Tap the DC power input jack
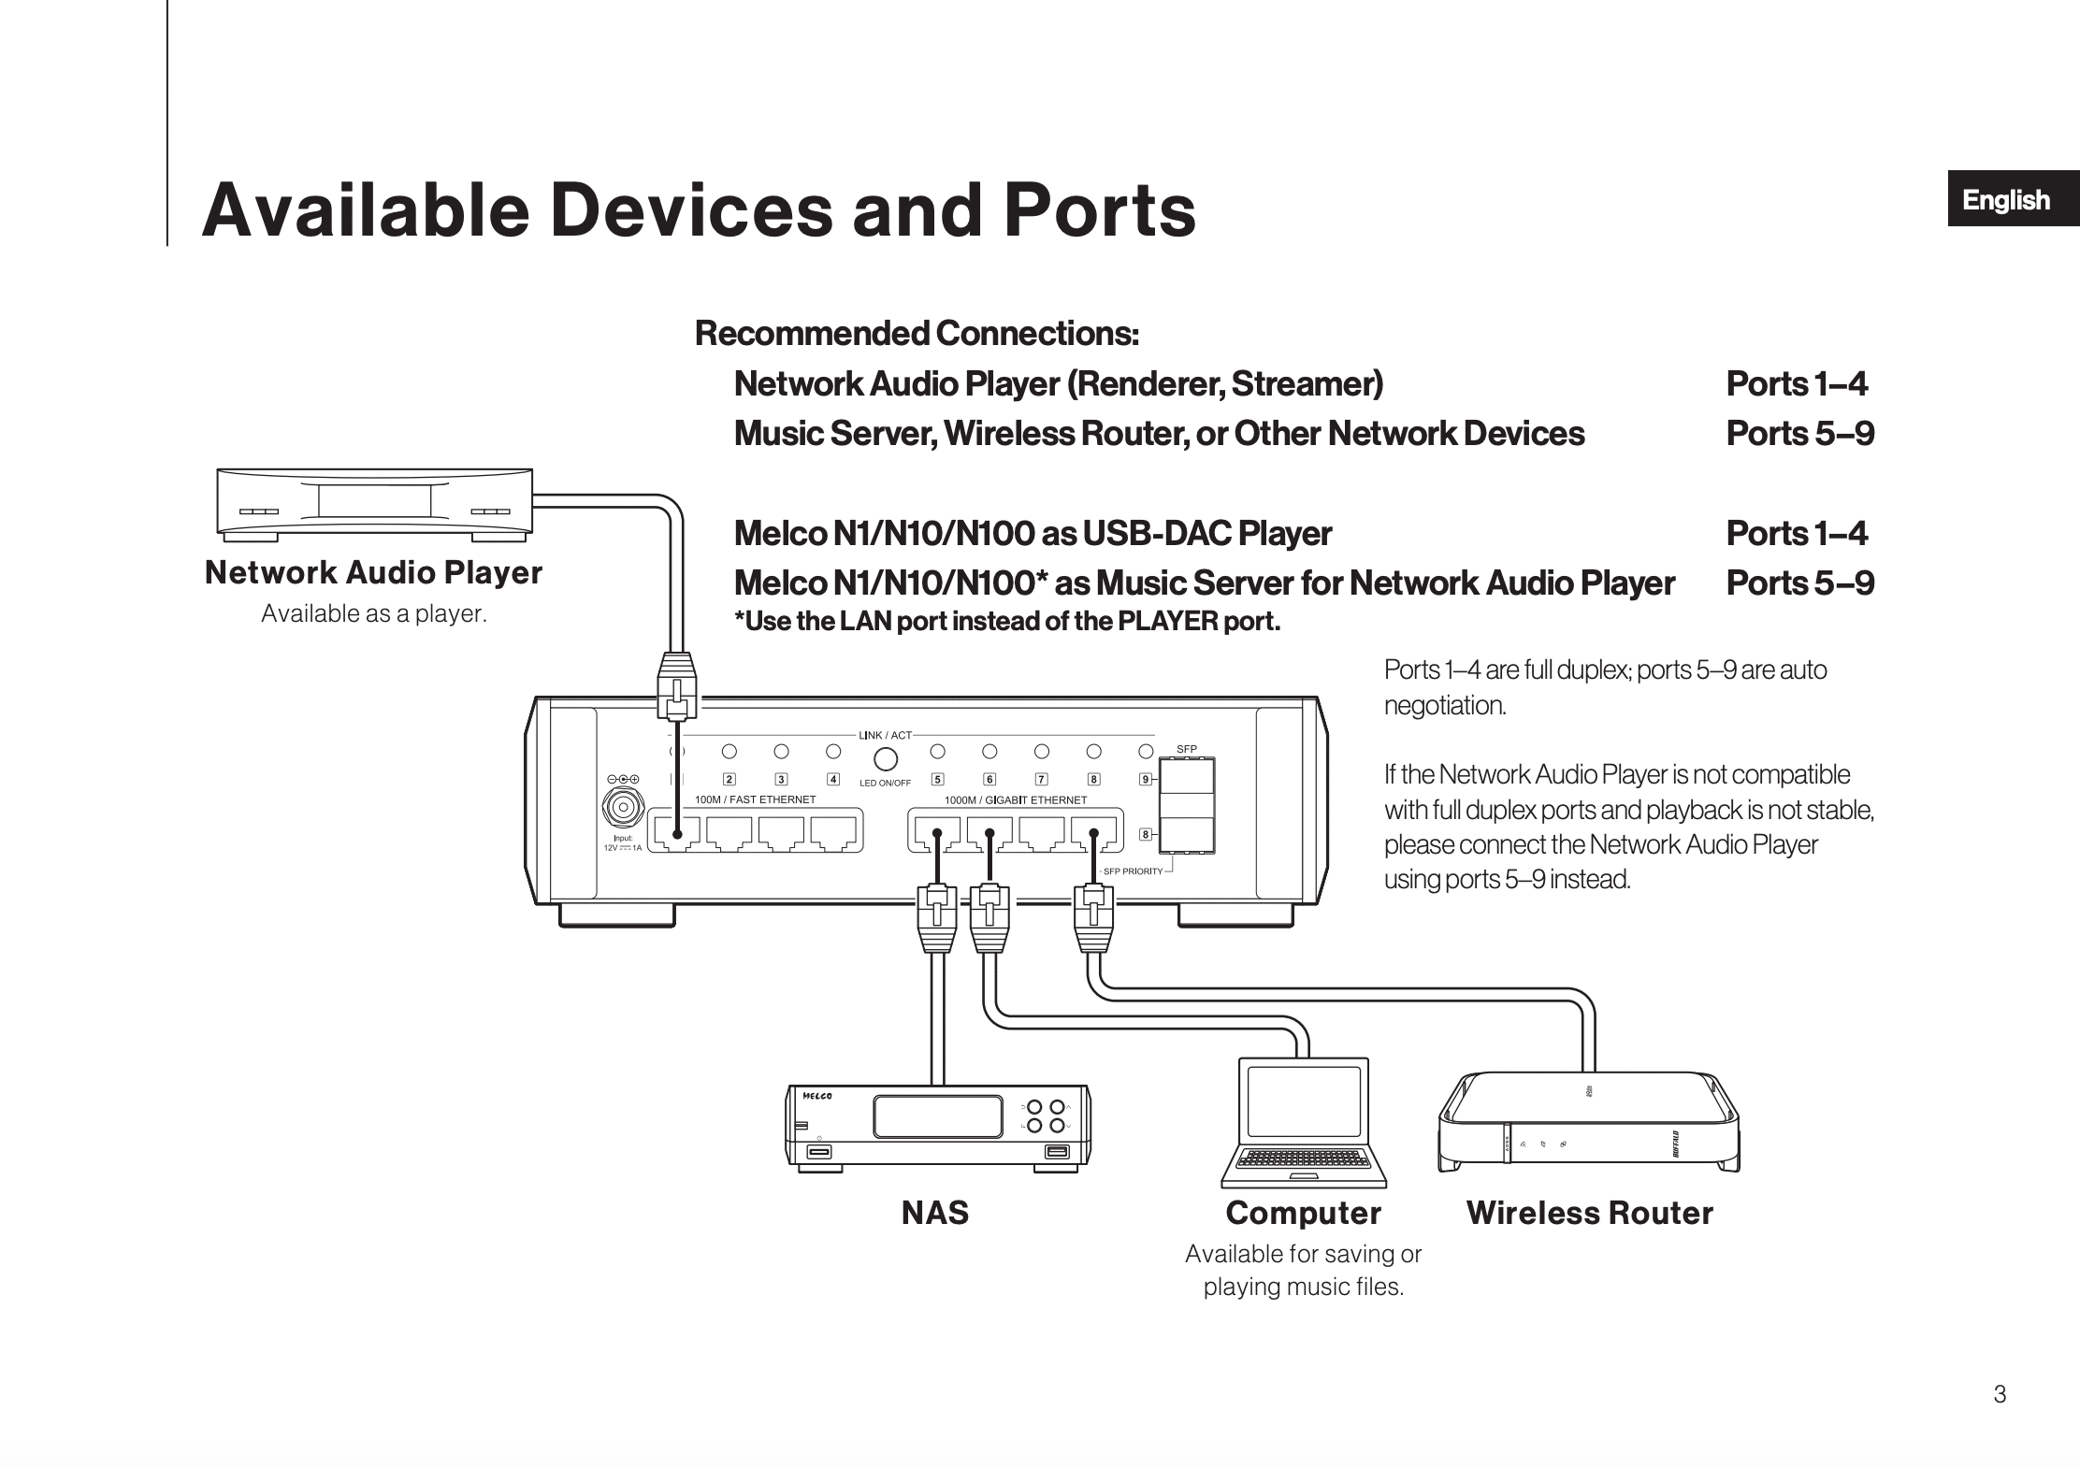623,806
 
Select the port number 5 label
938,779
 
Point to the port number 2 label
729,779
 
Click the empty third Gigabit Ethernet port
1042,833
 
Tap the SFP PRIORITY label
1133,871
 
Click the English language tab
2007,199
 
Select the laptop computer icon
1304,1123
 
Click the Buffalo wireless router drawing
1588,1122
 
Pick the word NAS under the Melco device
935,1213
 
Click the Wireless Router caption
1589,1213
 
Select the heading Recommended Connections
917,333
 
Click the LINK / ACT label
885,736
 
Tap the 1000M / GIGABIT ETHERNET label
1016,800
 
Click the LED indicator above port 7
1042,751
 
